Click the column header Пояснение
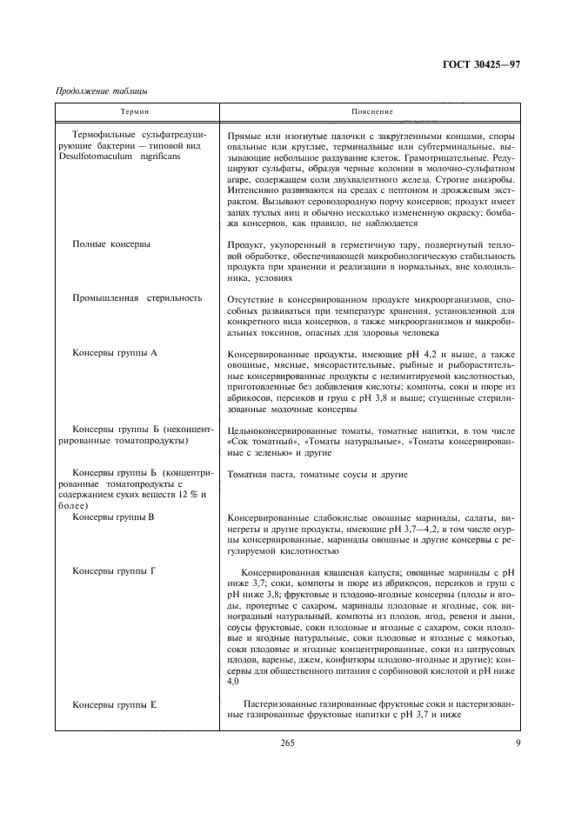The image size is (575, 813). click(372, 111)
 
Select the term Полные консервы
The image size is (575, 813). click(111, 244)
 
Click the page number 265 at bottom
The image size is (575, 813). click(288, 741)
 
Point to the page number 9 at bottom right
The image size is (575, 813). click(517, 741)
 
